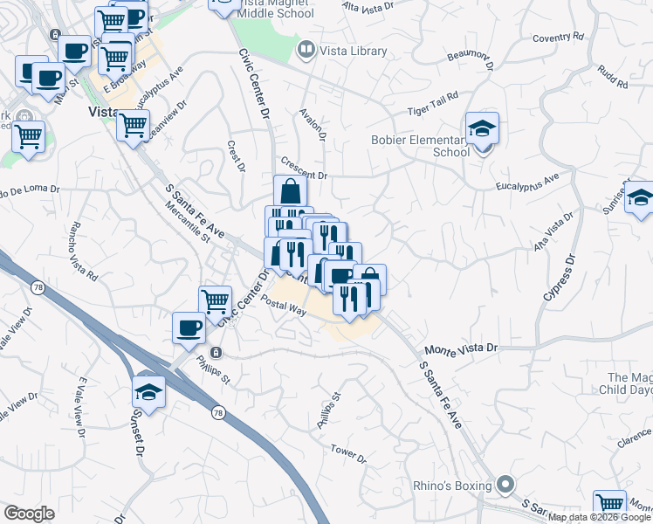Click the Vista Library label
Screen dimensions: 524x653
pos(353,52)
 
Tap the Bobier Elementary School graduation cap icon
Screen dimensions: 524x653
pos(482,129)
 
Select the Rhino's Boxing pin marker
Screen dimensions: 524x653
pos(505,484)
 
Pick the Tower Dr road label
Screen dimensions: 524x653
pos(348,453)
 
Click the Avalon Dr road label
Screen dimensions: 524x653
pos(312,124)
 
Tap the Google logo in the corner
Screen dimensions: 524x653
pos(29,514)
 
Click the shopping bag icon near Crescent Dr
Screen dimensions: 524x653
pos(290,191)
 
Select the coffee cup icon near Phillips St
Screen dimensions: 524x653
pos(189,327)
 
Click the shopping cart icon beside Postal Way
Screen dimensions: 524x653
pos(215,301)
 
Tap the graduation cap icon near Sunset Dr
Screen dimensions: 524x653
pos(149,391)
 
